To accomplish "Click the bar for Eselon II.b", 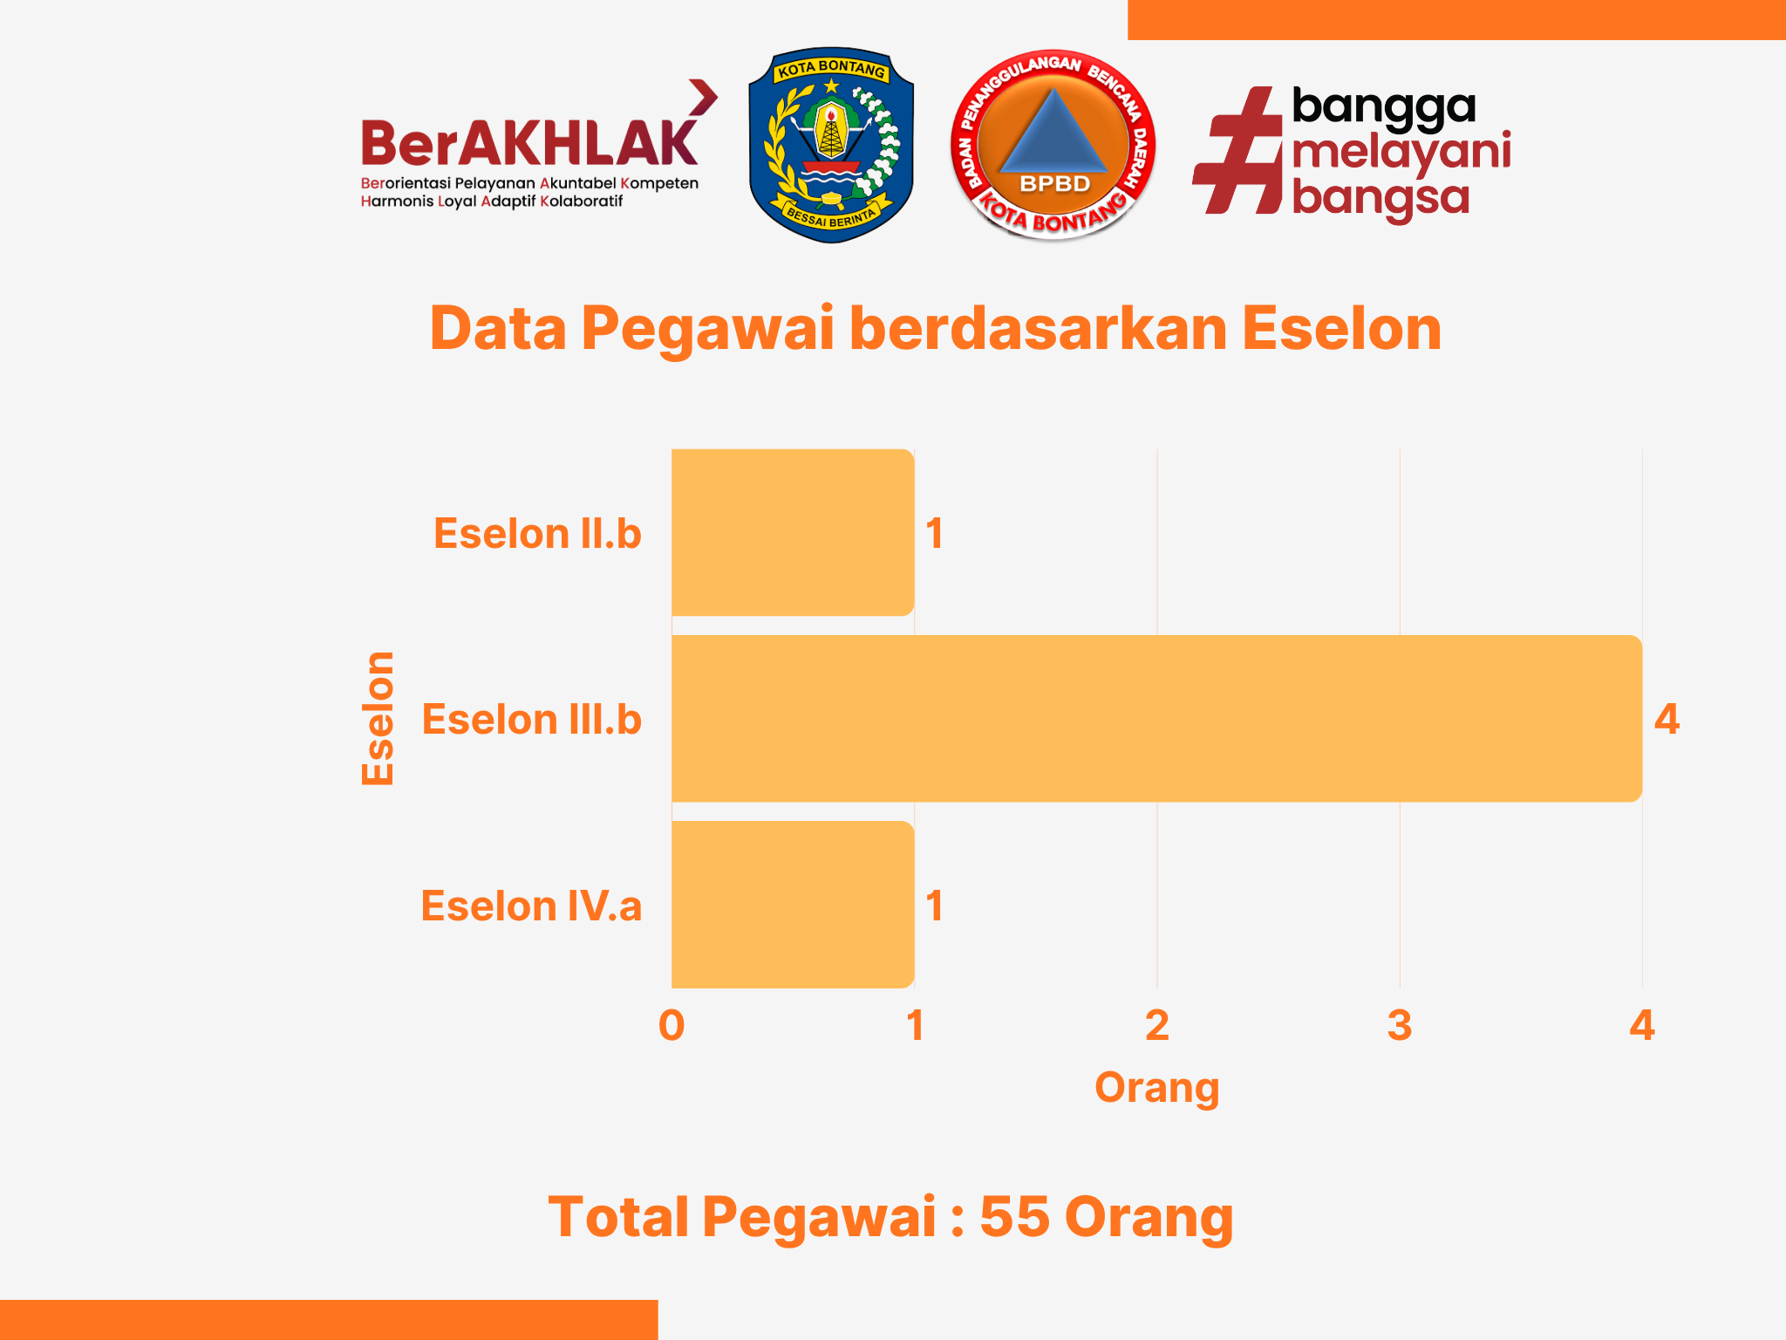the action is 793,532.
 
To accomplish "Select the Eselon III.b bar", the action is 1156,718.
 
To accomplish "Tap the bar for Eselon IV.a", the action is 793,904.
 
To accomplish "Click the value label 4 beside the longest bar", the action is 1667,719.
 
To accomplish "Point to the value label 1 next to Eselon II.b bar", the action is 934,533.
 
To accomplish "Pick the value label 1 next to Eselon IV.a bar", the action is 934,906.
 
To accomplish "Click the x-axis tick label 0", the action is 671,1025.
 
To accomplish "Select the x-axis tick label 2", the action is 1157,1025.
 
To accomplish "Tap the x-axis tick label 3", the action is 1400,1025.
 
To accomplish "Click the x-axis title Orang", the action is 1157,1088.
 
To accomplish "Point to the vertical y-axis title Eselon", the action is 378,718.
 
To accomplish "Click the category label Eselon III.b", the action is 532,719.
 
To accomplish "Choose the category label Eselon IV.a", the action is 532,906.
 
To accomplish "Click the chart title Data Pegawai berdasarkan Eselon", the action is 936,329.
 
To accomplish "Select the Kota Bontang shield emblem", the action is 831,145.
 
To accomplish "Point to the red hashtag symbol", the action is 1237,150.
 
